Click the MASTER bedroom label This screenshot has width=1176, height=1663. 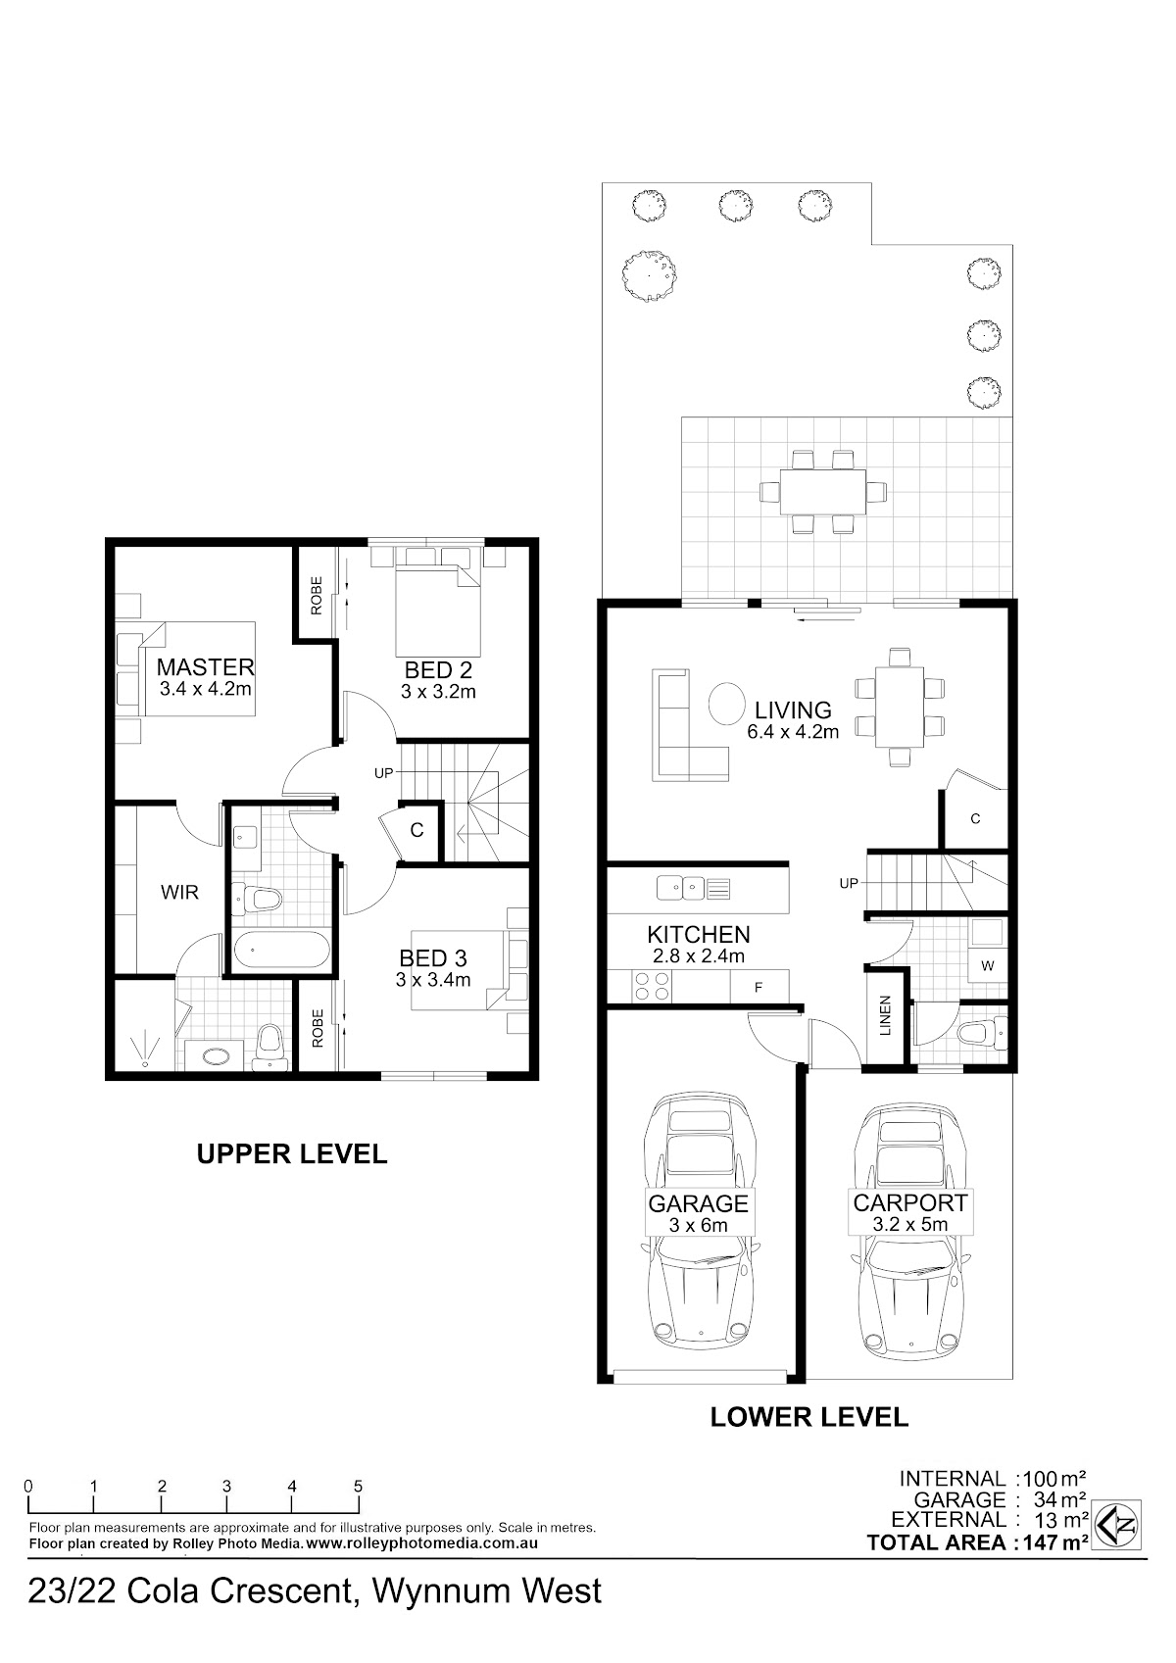click(x=206, y=666)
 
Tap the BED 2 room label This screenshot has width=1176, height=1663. click(x=438, y=670)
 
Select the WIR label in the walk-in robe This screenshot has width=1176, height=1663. click(x=179, y=892)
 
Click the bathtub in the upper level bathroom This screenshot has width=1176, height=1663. click(x=281, y=950)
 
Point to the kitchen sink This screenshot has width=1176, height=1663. click(x=680, y=887)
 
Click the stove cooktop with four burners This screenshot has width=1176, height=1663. click(x=651, y=987)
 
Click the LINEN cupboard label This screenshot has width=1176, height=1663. click(x=884, y=1015)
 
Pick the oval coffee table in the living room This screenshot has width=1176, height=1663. click(x=726, y=703)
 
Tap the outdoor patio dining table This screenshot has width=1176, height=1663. click(x=822, y=492)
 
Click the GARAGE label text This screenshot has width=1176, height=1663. click(x=698, y=1203)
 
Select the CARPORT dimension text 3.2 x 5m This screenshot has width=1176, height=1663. click(x=910, y=1224)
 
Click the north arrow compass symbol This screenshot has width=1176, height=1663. click(x=1118, y=1525)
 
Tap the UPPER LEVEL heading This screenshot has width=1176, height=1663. click(x=292, y=1153)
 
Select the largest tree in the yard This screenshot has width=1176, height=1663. click(x=650, y=275)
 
